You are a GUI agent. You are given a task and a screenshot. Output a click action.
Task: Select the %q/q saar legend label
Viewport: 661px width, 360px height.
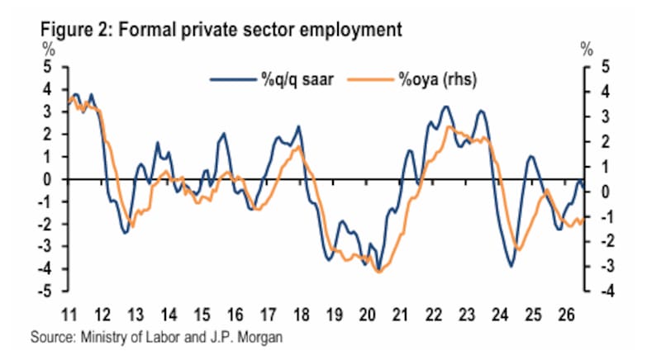297,79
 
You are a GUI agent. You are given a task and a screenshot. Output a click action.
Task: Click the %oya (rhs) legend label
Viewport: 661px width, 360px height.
438,79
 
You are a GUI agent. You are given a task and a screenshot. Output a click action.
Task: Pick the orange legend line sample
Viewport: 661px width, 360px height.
370,79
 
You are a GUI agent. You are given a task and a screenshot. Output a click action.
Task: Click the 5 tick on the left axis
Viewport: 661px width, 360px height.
47,67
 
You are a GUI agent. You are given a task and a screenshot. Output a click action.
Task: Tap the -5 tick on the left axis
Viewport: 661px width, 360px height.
45,291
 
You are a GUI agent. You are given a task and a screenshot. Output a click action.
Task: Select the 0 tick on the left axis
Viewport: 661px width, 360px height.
47,179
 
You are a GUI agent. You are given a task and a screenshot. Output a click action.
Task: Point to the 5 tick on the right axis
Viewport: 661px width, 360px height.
605,67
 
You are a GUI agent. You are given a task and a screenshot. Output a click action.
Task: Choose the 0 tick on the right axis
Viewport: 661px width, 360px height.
605,192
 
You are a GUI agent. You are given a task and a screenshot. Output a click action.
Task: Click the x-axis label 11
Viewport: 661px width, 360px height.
69,315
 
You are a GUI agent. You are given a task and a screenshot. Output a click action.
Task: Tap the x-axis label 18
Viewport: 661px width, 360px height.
301,315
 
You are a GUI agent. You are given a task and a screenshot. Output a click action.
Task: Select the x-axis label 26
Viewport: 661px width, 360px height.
566,315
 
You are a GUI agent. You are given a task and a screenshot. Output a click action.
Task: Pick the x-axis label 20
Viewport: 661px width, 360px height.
367,315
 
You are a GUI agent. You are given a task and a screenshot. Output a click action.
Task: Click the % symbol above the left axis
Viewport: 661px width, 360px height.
48,50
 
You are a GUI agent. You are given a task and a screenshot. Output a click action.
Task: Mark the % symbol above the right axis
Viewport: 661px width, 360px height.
587,50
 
